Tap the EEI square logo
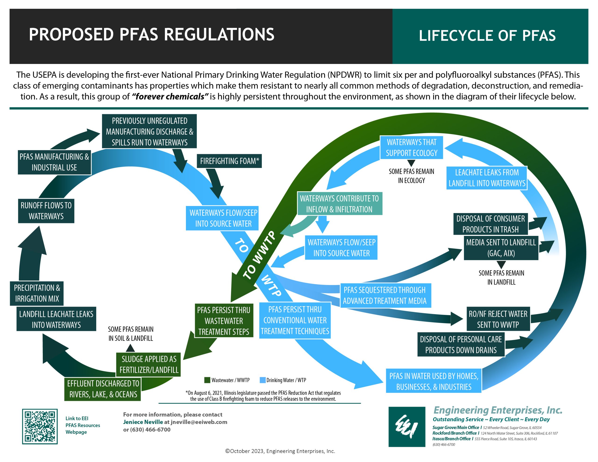(x=407, y=427)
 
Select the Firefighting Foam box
(x=229, y=161)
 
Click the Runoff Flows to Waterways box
(x=46, y=211)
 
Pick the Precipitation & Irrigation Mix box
(x=37, y=293)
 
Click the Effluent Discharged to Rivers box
(x=103, y=389)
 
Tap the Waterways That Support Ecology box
(x=411, y=148)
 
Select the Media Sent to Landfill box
(x=501, y=248)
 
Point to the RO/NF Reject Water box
(x=498, y=319)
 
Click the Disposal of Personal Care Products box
(x=461, y=345)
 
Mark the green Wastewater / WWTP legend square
(x=207, y=380)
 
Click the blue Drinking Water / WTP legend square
(x=262, y=380)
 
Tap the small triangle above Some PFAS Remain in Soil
(x=130, y=348)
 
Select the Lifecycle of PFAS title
(x=487, y=36)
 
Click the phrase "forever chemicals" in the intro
(x=170, y=97)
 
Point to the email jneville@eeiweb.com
(x=199, y=422)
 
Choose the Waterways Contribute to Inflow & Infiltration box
(x=339, y=204)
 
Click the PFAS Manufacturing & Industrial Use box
(x=54, y=162)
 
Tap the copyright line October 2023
(x=280, y=451)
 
